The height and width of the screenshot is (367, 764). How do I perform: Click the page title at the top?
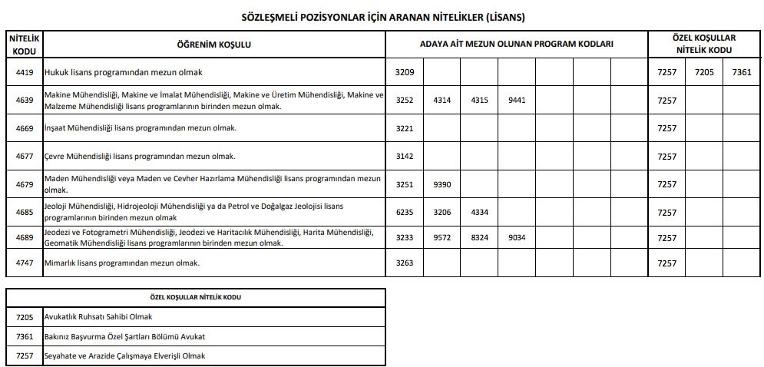(x=382, y=16)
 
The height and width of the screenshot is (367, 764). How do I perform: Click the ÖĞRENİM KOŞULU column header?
(x=214, y=45)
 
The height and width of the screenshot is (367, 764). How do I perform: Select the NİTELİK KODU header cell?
(x=24, y=45)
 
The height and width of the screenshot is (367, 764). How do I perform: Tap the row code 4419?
(x=24, y=72)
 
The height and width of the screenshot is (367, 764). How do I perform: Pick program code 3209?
(x=404, y=72)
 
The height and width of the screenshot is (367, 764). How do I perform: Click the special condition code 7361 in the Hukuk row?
(x=742, y=72)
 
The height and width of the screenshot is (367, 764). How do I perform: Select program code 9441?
(x=516, y=101)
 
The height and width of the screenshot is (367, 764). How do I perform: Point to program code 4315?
(x=479, y=101)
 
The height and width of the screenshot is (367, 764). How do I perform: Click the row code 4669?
(x=24, y=128)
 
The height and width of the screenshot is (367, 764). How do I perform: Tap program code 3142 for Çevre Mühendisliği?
(x=404, y=157)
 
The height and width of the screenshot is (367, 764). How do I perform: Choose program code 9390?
(x=442, y=184)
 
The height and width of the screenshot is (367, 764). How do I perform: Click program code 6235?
(x=404, y=212)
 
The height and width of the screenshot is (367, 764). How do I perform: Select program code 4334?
(x=479, y=212)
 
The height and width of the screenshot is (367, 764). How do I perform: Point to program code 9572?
(x=442, y=238)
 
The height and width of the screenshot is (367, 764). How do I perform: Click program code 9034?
(x=516, y=238)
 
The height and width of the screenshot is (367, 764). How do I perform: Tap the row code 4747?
(x=24, y=263)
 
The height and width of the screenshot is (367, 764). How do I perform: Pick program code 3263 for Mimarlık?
(x=404, y=263)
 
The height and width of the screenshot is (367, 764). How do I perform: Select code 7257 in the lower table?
(x=24, y=356)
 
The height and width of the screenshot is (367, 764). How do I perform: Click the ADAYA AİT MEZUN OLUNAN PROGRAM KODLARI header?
(x=516, y=45)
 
